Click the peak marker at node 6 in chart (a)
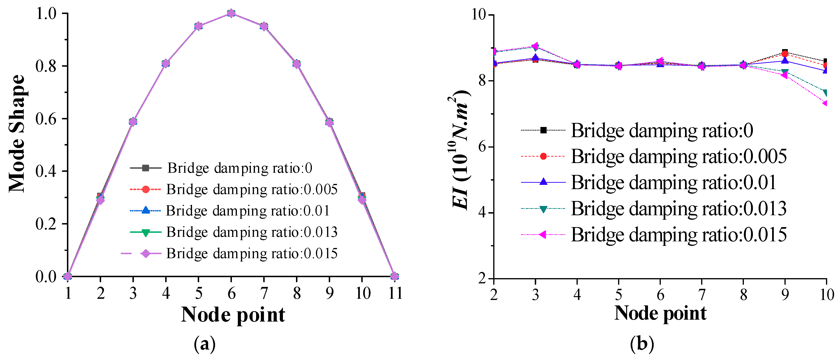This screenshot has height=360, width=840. pos(231,13)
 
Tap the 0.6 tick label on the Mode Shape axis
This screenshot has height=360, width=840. pos(46,119)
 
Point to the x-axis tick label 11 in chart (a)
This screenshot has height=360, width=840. pos(395,294)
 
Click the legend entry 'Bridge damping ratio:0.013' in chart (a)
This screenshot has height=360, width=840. pos(252,232)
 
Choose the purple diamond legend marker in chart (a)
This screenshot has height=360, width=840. pos(146,253)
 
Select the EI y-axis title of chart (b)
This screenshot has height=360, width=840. pos(460,150)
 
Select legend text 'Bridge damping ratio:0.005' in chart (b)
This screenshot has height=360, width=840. pos(678,157)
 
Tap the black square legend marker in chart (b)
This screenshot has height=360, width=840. pos(543,130)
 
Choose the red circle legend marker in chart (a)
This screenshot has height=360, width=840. pos(146,189)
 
